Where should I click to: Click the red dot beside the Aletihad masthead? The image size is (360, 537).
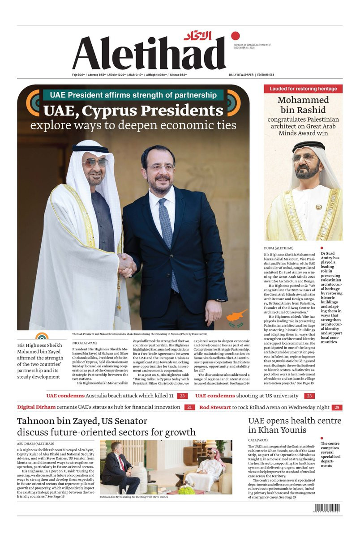coord(236,36)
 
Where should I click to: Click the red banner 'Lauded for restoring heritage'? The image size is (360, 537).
coord(303,89)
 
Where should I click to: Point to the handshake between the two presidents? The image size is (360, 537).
coord(127,264)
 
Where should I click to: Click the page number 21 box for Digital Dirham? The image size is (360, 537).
coord(189,407)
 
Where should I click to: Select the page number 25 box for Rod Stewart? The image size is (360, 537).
coord(337,407)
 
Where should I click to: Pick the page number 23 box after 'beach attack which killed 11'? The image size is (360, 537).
coord(182,396)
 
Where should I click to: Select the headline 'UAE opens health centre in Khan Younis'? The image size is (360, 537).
coord(294,425)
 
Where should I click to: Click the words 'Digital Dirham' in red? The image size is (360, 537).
coord(36,407)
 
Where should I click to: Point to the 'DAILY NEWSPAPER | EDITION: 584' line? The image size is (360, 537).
coord(258,75)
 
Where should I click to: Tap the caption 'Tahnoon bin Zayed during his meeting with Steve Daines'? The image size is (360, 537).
coord(134,497)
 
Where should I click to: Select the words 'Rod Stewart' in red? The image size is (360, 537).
coord(215,407)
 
